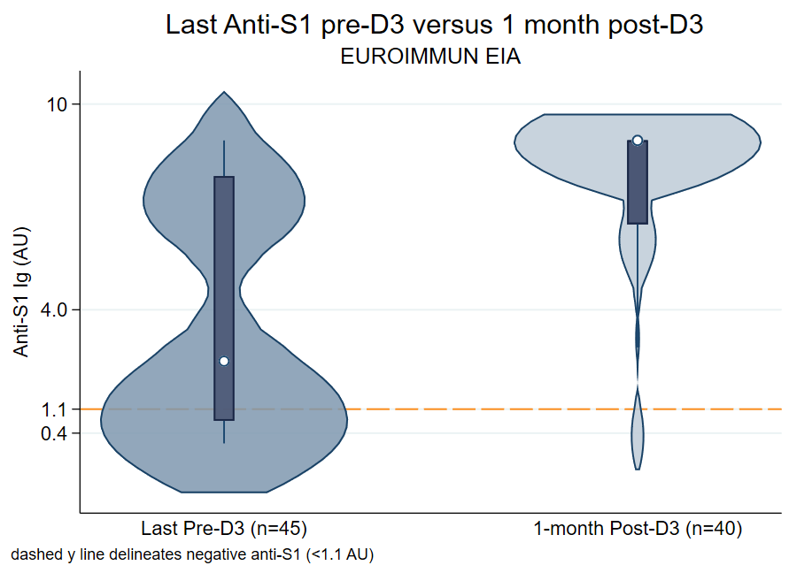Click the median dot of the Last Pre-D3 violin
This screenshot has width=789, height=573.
tap(224, 361)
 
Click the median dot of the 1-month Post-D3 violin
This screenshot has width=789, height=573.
tap(638, 140)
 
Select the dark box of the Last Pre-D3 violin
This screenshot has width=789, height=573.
tap(224, 265)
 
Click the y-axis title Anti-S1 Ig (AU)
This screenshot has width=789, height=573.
tap(21, 293)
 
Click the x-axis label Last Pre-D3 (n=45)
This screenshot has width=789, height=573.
tap(224, 530)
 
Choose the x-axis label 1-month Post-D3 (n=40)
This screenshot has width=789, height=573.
tap(638, 530)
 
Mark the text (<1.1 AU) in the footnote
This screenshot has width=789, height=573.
tap(340, 555)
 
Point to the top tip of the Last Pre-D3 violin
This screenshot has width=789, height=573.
tap(225, 93)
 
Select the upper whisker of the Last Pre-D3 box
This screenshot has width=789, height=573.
tap(224, 159)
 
